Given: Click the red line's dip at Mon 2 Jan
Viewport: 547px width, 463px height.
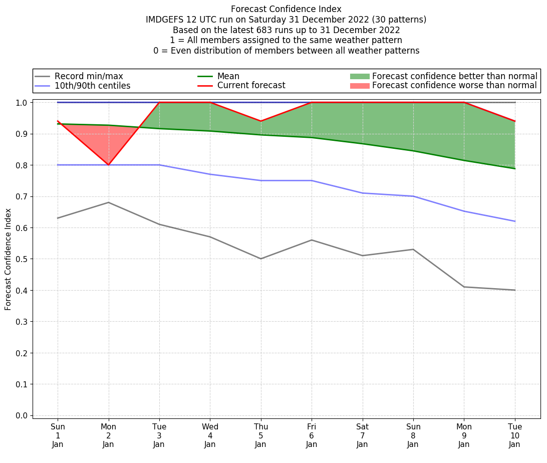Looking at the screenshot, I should coord(108,165).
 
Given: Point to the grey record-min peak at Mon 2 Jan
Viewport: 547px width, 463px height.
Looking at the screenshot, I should coord(108,202).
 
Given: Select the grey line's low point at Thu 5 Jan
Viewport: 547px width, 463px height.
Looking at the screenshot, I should coord(261,259).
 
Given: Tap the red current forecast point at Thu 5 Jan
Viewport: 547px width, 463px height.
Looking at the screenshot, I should coord(261,121).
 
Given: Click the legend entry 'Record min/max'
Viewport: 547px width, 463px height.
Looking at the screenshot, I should coord(89,76).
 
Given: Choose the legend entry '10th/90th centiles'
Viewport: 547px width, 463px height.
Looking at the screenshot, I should coord(92,86).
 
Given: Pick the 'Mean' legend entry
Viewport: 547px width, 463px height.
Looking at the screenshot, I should coord(228,76).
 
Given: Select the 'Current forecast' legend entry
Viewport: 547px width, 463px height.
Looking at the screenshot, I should coord(251,86).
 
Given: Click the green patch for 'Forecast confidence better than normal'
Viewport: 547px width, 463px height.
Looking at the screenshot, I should coord(360,76).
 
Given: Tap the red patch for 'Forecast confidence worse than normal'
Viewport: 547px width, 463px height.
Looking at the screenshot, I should coord(360,86).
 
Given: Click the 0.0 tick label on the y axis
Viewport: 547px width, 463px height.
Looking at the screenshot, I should coord(22,415).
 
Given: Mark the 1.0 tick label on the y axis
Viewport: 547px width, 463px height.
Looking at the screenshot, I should coord(22,102).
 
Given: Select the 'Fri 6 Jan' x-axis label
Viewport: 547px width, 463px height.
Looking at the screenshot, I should coord(312,435).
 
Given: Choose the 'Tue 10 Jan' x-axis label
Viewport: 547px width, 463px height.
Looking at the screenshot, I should coord(515,435).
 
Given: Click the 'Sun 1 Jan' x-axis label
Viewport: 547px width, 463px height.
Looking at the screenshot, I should coord(58,435).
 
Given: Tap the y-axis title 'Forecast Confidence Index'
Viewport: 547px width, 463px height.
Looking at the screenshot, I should coord(9,259).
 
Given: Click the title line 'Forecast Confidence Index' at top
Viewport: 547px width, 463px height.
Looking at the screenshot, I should coord(286,9).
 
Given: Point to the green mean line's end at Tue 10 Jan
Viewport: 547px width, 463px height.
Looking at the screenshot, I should coord(515,168).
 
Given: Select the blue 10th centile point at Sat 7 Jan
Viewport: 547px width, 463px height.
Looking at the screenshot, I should coord(363,193).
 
